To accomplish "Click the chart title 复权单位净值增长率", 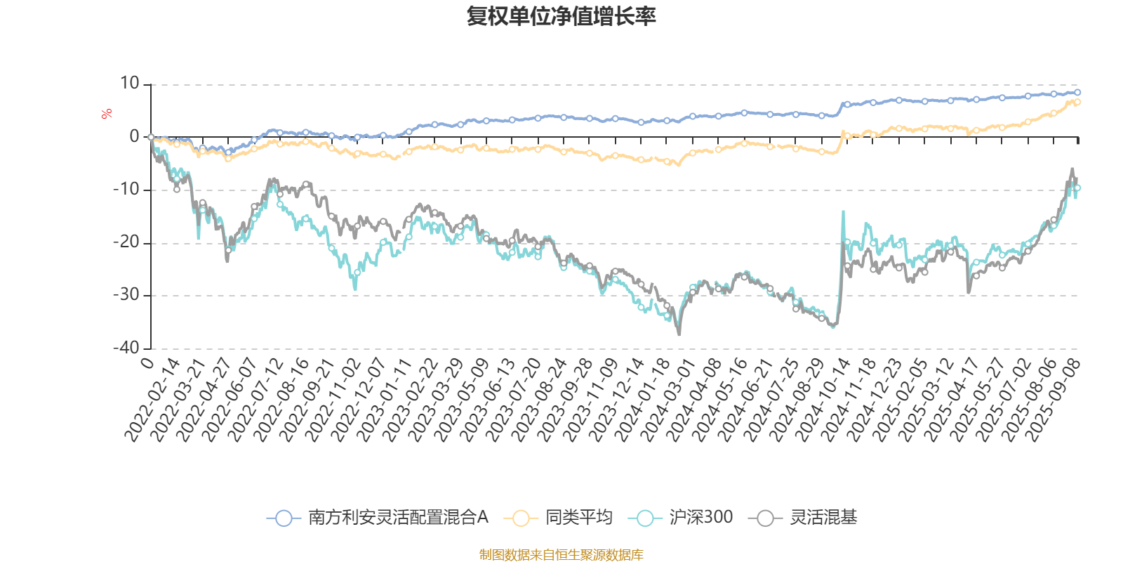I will [x=561, y=16].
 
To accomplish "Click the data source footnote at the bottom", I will [x=561, y=555].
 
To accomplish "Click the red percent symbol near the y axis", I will [x=106, y=114].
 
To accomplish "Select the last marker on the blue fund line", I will [x=1077, y=92].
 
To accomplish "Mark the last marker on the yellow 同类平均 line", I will [x=1077, y=103].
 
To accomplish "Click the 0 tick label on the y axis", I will [x=135, y=137].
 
